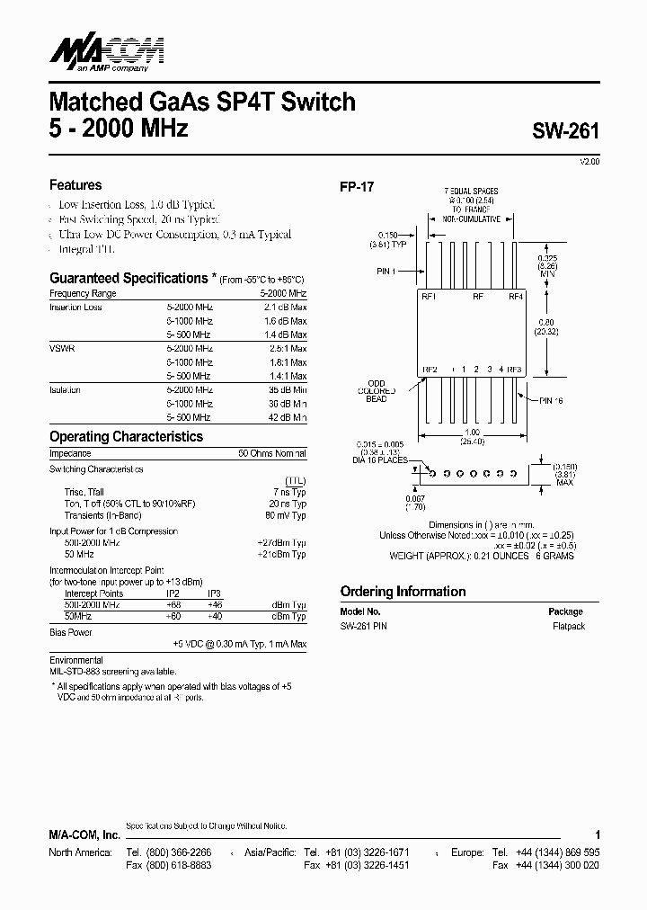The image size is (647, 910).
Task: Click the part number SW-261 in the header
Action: click(564, 129)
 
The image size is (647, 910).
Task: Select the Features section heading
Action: click(75, 185)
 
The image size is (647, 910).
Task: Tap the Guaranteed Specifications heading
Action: click(129, 279)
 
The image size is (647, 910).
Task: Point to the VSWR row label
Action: click(61, 348)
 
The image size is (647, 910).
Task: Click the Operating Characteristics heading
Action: click(126, 437)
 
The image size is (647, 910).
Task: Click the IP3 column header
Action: click(214, 593)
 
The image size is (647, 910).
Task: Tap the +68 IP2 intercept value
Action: click(174, 605)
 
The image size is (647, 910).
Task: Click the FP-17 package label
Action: click(356, 187)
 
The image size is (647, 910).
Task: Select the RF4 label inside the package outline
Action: click(516, 296)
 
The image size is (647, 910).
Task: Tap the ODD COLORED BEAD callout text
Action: click(377, 390)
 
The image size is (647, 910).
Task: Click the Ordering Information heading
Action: click(403, 592)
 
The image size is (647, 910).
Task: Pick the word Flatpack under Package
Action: click(568, 626)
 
